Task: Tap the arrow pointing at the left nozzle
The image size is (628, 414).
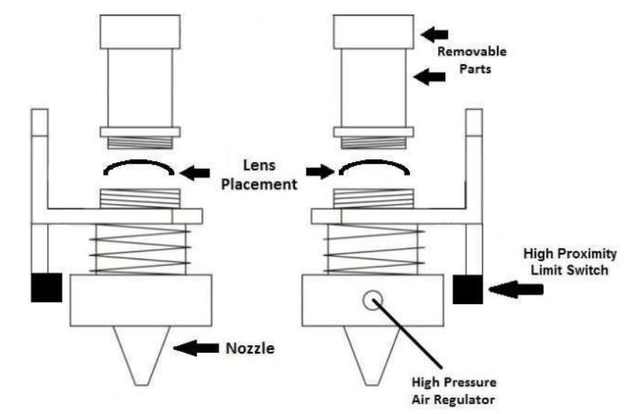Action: point(195,347)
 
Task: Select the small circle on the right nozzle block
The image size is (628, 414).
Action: point(370,300)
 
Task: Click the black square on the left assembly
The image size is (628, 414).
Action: point(46,288)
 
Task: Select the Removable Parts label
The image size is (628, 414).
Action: point(472,59)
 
